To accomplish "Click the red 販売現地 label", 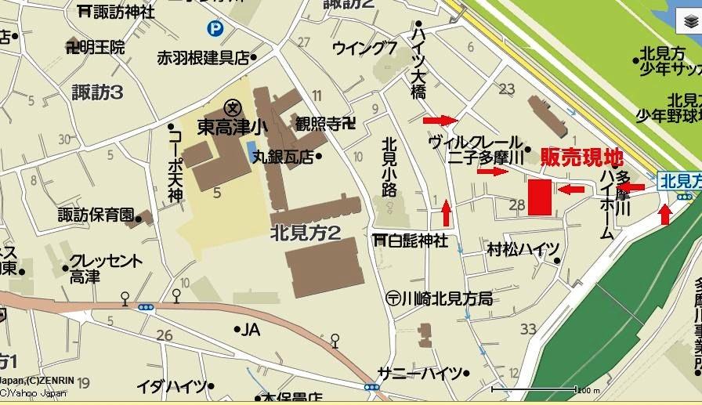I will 581,156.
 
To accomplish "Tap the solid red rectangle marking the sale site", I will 540,197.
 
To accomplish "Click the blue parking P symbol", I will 214,29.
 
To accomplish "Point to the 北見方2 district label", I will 305,233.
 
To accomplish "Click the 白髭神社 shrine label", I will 411,240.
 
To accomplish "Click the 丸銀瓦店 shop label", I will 281,157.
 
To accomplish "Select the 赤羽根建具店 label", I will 203,57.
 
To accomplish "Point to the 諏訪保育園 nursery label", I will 96,215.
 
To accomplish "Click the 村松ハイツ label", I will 523,249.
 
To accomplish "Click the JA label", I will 251,329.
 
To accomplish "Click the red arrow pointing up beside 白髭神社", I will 446,212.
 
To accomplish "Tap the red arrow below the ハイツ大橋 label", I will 440,120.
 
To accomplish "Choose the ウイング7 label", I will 364,48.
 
